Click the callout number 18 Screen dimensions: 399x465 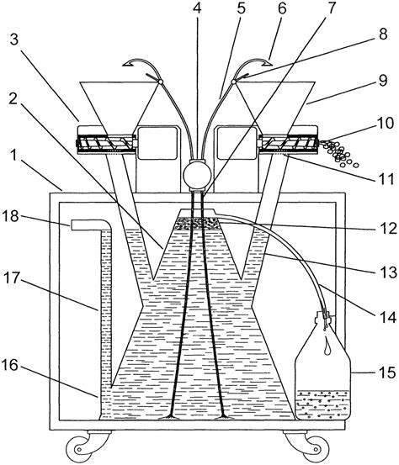click(x=12, y=216)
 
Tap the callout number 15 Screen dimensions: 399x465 click(x=387, y=372)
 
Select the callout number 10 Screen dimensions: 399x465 click(x=385, y=124)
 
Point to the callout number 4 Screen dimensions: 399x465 click(x=197, y=8)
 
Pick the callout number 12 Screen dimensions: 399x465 click(x=388, y=229)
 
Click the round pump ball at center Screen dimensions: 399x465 click(x=197, y=175)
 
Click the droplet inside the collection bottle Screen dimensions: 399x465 click(x=327, y=347)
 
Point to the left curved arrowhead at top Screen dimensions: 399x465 click(x=128, y=62)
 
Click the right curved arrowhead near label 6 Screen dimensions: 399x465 click(x=265, y=62)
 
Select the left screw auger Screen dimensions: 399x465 click(x=106, y=144)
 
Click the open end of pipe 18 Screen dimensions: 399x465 click(x=72, y=225)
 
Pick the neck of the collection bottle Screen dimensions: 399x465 click(x=324, y=317)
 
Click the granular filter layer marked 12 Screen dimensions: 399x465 click(x=197, y=224)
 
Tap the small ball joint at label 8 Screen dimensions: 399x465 click(x=234, y=81)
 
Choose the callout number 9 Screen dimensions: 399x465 click(x=383, y=81)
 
